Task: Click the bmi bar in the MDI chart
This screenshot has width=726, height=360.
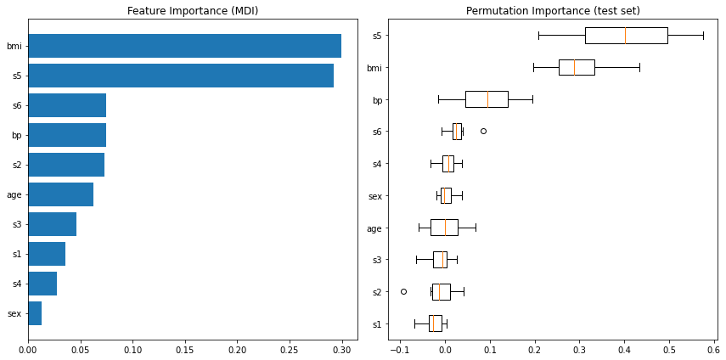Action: pos(184,46)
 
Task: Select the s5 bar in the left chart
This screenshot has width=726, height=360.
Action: pos(180,76)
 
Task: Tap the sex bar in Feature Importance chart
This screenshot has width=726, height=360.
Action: pos(35,313)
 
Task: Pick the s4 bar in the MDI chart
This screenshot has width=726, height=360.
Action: pos(42,284)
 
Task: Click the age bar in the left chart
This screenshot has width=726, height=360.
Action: pos(60,194)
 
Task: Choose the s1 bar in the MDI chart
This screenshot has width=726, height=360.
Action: pos(47,254)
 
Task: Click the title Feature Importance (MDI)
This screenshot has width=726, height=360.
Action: pos(193,11)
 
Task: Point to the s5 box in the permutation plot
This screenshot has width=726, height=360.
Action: pos(626,35)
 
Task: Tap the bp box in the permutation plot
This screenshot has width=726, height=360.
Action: pos(487,99)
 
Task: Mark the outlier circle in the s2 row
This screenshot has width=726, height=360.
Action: pos(403,291)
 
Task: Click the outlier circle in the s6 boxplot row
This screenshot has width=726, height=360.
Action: pos(483,131)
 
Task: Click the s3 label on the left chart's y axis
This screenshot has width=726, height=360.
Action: pos(14,224)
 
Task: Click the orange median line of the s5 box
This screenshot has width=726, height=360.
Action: pos(625,35)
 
